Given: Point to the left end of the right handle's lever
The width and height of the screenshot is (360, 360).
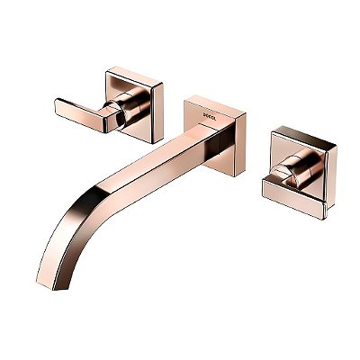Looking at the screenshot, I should pyautogui.click(x=265, y=185).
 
